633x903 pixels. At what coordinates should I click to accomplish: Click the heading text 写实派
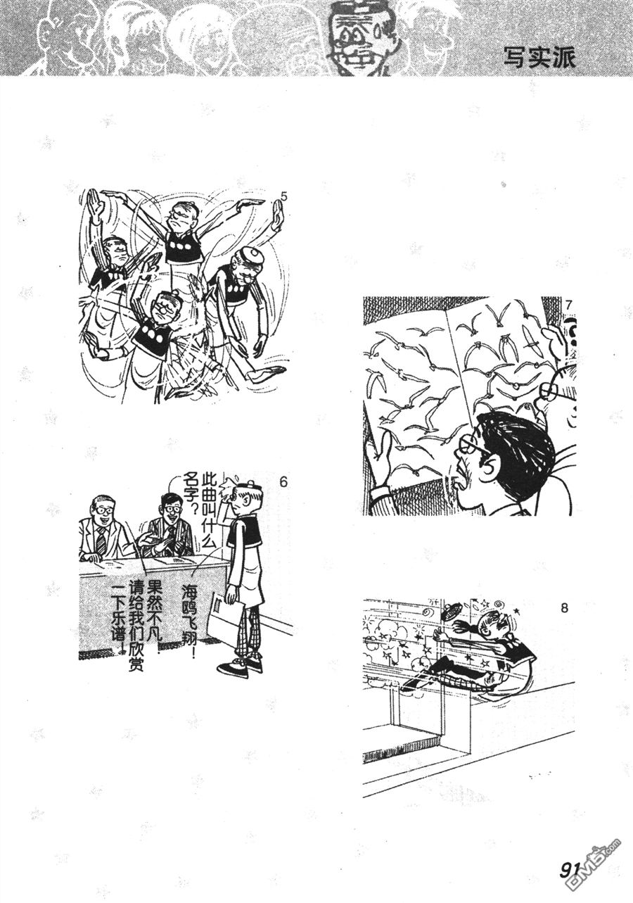pos(540,58)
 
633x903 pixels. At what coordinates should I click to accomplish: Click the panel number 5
pos(284,197)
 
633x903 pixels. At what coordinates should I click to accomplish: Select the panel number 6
pos(283,481)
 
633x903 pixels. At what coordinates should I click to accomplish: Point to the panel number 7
pos(569,305)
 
